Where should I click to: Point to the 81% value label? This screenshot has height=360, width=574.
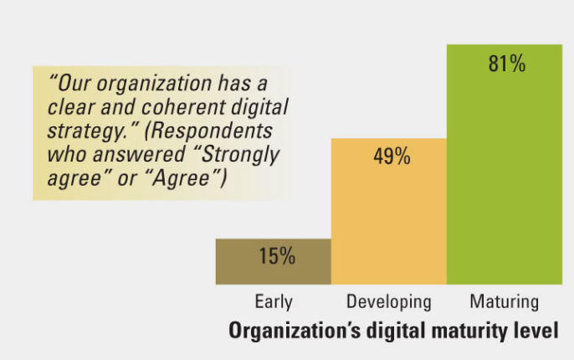coord(506,64)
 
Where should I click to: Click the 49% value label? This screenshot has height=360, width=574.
coord(390,157)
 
